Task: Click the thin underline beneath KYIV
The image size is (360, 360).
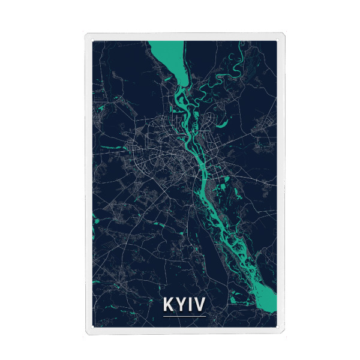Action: pos(184,316)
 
